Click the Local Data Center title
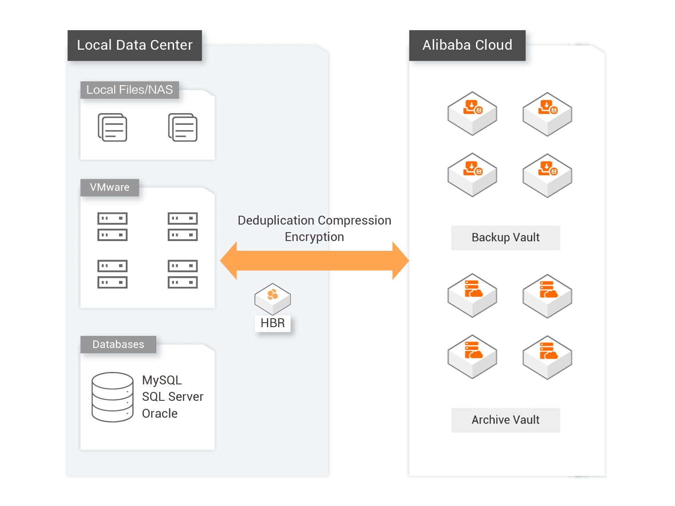pos(135,45)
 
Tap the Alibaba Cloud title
pos(467,45)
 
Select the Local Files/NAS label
pos(129,90)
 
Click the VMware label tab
pos(110,187)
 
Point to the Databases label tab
pos(118,344)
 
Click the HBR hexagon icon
pos(273,298)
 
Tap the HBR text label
pos(273,323)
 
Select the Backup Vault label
pos(505,237)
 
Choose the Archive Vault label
pos(505,420)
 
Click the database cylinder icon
pos(112,397)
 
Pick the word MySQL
pos(162,380)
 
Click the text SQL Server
pos(173,396)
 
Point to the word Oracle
pos(160,413)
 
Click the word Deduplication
pos(276,221)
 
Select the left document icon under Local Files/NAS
pos(112,127)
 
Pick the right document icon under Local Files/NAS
pos(183,127)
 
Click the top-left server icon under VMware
pos(112,226)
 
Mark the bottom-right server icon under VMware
pos(183,274)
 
